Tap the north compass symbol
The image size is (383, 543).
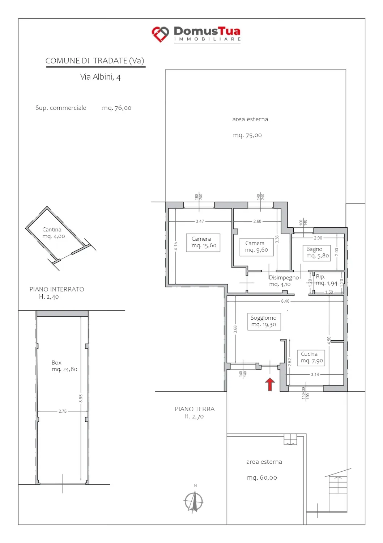click(193, 501)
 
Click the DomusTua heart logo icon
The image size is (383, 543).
click(160, 34)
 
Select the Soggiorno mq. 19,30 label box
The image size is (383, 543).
click(264, 322)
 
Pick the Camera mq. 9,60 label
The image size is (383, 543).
click(256, 247)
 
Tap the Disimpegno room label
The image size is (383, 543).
click(284, 278)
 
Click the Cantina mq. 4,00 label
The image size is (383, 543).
click(54, 233)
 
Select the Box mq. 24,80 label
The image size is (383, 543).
click(64, 366)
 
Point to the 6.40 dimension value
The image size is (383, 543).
click(285, 301)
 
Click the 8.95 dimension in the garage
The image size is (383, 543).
click(81, 398)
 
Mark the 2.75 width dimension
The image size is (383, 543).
click(63, 411)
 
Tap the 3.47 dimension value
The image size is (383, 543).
click(200, 221)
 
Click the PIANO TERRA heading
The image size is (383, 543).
click(195, 409)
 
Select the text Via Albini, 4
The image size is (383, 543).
click(100, 77)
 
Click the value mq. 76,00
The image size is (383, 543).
click(117, 108)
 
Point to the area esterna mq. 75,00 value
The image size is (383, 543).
click(247, 135)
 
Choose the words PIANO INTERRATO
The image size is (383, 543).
click(57, 289)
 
